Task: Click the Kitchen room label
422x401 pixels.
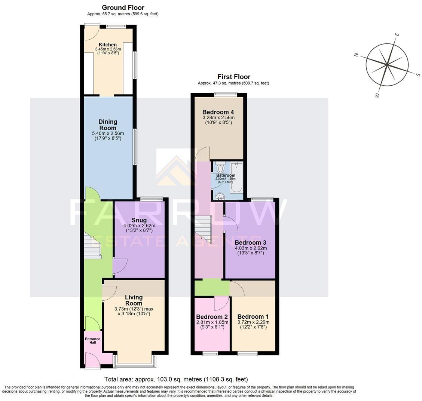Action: pyautogui.click(x=108, y=45)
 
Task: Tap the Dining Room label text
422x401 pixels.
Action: pyautogui.click(x=108, y=125)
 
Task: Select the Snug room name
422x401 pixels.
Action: pyautogui.click(x=139, y=220)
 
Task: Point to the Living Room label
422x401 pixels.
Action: pyautogui.click(x=134, y=300)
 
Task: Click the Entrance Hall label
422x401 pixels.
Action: pyautogui.click(x=92, y=341)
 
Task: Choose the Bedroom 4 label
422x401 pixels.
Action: pyautogui.click(x=218, y=112)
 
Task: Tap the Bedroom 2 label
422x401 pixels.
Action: pyautogui.click(x=212, y=316)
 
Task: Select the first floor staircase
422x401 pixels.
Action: pyautogui.click(x=203, y=228)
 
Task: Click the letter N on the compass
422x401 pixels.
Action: pyautogui.click(x=357, y=55)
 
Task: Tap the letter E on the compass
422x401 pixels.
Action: pyautogui.click(x=397, y=35)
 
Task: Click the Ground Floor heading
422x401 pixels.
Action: pyautogui.click(x=123, y=7)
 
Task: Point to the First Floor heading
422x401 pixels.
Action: pyautogui.click(x=234, y=77)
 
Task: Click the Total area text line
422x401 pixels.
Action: pyautogui.click(x=176, y=379)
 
